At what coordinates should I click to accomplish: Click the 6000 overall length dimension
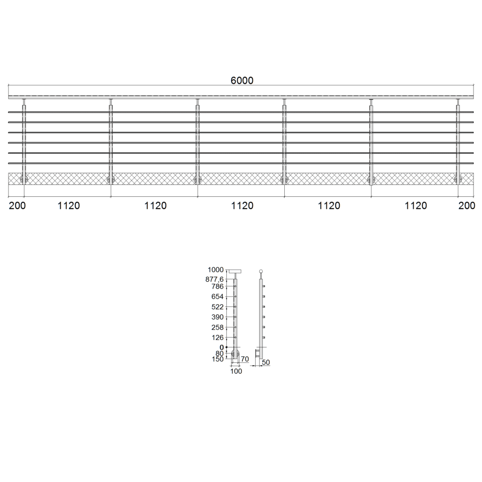(x=242, y=80)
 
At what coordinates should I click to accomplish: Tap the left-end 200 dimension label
(x=17, y=206)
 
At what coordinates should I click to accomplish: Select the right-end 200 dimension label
(x=466, y=206)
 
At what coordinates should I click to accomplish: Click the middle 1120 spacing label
(x=242, y=206)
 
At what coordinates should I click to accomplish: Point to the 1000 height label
(x=216, y=270)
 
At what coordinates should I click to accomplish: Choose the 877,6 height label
(x=215, y=280)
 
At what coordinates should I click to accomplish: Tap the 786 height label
(x=217, y=287)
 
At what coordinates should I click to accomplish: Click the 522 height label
(x=217, y=307)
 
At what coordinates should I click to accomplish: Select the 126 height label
(x=217, y=337)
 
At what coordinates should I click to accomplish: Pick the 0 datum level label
(x=222, y=347)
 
